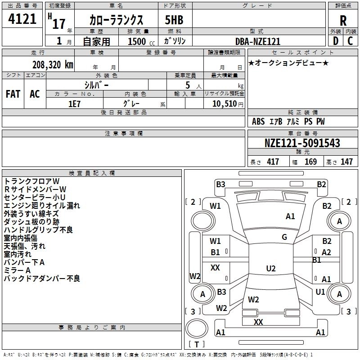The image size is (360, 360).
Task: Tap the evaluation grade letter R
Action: [x=343, y=20]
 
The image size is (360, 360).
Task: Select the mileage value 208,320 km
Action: [x=52, y=64]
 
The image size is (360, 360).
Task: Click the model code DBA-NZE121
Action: [x=258, y=41]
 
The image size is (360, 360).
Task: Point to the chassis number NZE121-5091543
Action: [x=302, y=144]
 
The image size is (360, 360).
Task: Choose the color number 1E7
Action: [x=74, y=103]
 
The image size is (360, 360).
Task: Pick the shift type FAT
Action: [x=13, y=94]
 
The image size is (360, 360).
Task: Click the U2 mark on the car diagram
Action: [x=270, y=269]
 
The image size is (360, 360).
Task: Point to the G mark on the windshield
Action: [x=284, y=237]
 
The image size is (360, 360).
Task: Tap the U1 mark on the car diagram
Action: [x=320, y=292]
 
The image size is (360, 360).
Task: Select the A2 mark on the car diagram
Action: [x=326, y=252]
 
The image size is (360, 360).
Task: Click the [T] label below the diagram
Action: [x=196, y=344]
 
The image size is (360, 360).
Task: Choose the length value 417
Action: [x=272, y=162]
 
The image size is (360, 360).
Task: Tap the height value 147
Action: [x=346, y=162]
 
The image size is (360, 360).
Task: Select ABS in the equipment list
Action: [x=258, y=121]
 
